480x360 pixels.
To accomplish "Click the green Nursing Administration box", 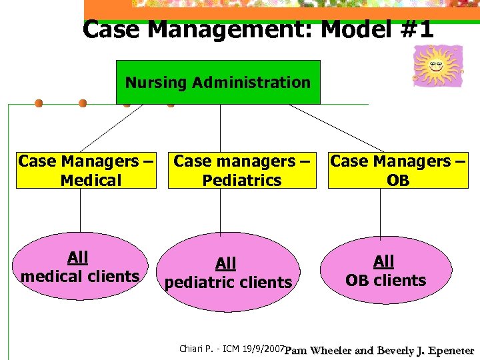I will coord(218,83).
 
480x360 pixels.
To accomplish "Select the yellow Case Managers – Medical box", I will coord(86,171).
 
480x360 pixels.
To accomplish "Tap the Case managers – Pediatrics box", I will coord(242,171).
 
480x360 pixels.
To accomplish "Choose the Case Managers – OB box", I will coord(398,171).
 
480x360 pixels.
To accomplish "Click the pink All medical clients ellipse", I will coord(80,267).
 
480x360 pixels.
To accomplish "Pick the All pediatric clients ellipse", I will coord(228,273).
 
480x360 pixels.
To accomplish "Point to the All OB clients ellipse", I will coord(385,271).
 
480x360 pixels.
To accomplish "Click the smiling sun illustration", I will coord(437,65).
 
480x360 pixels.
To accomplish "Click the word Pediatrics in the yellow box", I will coord(242,180).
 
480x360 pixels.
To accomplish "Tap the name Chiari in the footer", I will coord(192,349).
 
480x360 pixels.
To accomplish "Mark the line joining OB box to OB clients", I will coord(381,211).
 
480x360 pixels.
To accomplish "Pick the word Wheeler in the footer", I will coord(333,350).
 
